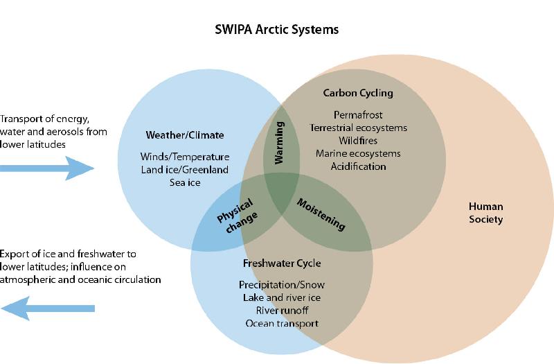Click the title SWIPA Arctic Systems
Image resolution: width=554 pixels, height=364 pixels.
coord(276,31)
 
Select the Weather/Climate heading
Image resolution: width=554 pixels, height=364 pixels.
coord(185,135)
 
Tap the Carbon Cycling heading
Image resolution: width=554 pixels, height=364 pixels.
coord(358,93)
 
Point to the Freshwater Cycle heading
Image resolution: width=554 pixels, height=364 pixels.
coord(282,264)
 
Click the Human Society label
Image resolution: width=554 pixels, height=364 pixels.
coord(485,213)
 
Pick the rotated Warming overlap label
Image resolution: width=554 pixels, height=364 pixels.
coord(280,144)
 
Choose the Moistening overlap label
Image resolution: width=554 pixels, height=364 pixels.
coord(321,214)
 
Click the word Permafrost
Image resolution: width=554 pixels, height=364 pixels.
coord(358,114)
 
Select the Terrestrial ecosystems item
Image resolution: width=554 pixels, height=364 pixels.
coord(358,128)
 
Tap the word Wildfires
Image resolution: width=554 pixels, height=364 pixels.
coord(358,141)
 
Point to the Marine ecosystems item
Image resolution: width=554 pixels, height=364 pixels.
coord(358,153)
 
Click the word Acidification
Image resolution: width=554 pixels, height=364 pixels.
coord(358,166)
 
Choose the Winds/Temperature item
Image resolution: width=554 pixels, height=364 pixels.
coord(184,157)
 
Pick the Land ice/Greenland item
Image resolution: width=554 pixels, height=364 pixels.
coord(184,169)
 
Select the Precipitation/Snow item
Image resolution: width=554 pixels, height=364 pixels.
coord(282,285)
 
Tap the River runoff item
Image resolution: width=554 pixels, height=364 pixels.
coord(282,311)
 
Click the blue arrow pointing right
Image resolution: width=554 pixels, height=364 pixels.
coord(47,168)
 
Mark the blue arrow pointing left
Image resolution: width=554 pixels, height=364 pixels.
coord(47,308)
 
